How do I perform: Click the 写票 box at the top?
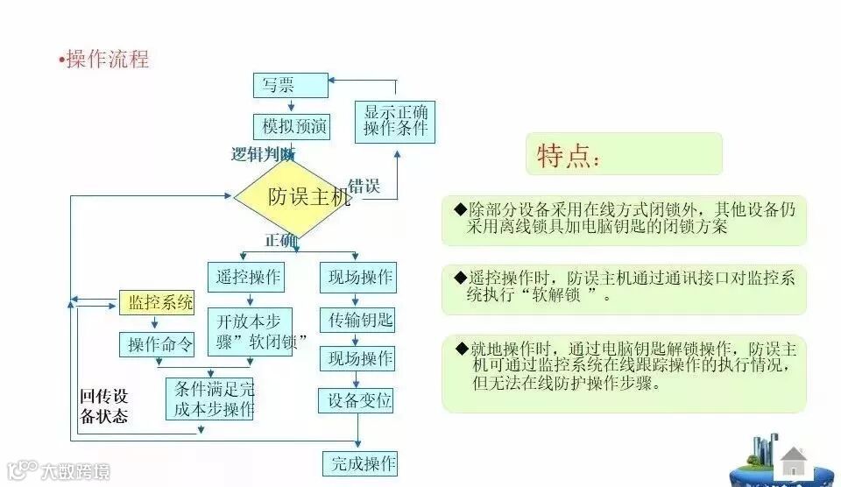[x=290, y=86]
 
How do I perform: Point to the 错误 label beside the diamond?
[x=364, y=186]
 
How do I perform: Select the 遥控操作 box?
[x=246, y=277]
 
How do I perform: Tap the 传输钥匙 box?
[x=357, y=318]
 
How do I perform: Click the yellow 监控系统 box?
[x=156, y=303]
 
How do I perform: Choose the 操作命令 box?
[x=156, y=344]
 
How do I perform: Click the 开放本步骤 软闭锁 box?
[x=250, y=331]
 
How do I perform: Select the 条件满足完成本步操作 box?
[x=209, y=399]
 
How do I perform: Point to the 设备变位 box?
[x=356, y=400]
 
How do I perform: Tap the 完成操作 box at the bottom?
[x=359, y=462]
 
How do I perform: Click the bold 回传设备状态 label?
[x=104, y=406]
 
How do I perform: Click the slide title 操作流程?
[x=107, y=60]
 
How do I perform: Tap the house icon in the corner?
[x=794, y=461]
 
